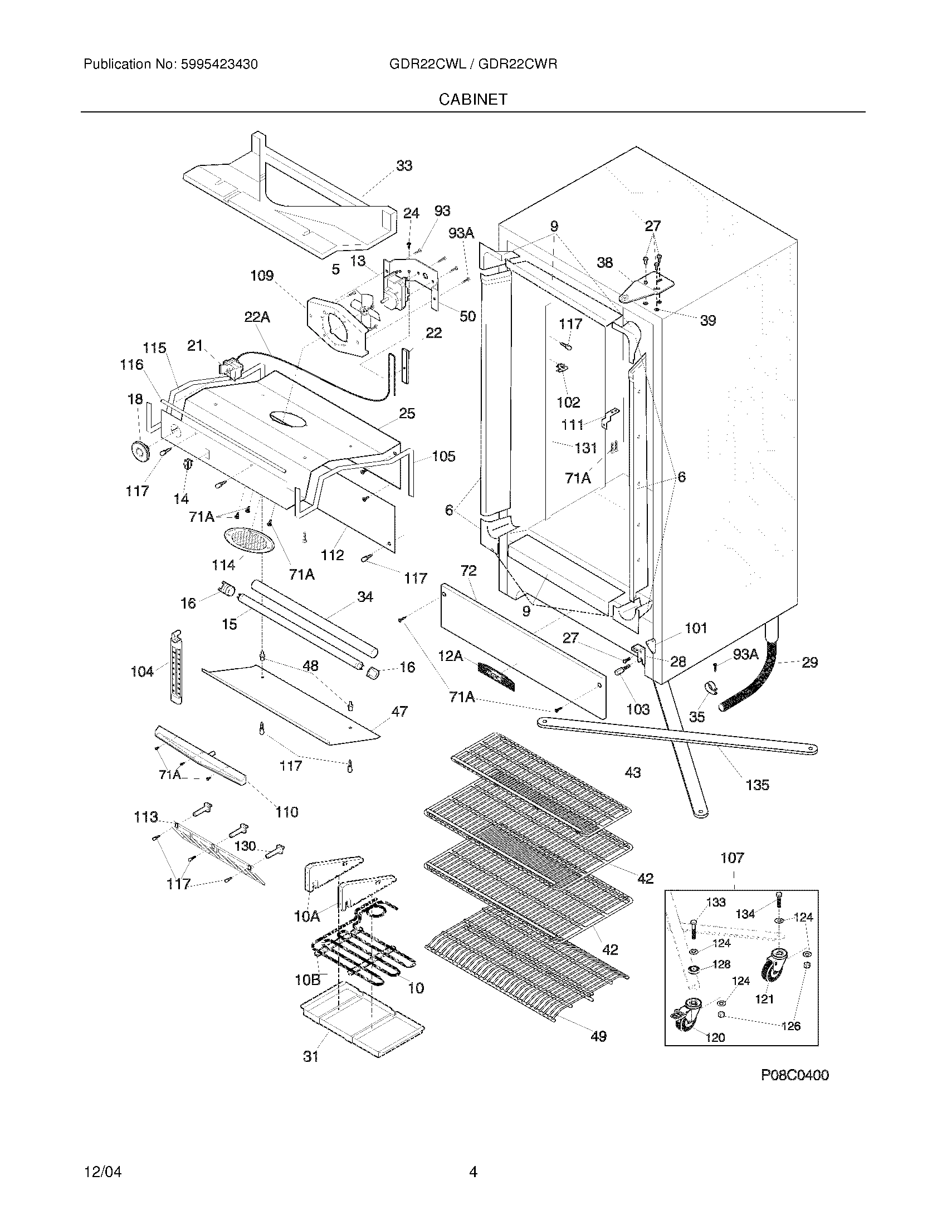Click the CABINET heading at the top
472,99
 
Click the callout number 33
404,165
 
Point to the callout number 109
261,276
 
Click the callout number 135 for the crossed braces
757,785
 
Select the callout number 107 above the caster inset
731,857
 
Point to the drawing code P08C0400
794,1075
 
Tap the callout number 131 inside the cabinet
585,448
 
